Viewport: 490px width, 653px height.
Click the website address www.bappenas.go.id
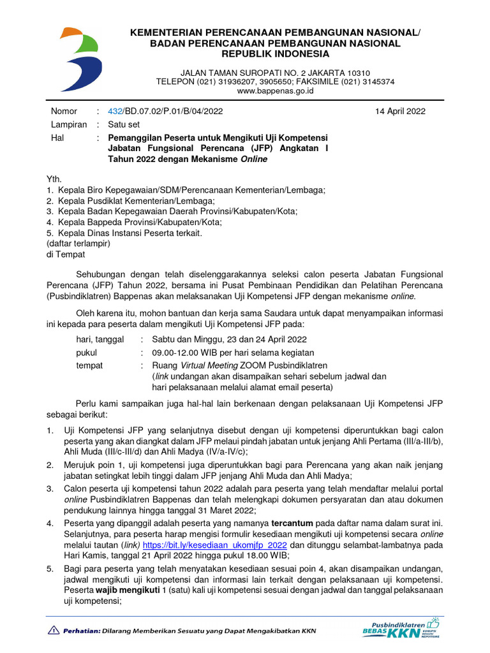275,91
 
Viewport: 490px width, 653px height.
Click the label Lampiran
68,124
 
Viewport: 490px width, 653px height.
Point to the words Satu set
124,124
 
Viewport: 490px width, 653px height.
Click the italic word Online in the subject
254,159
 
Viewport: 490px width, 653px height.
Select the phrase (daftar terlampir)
79,244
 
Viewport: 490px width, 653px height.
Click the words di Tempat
64,254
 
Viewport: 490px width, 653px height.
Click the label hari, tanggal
100,339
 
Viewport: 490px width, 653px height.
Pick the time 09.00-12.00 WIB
186,352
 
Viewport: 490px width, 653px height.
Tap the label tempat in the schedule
89,365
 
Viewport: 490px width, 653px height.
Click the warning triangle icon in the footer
53,631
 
